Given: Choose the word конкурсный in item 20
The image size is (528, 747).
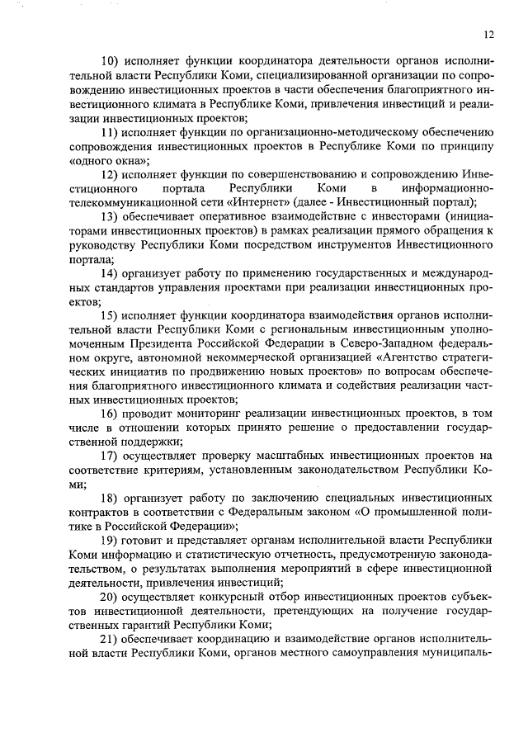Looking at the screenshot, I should [x=228, y=597].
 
